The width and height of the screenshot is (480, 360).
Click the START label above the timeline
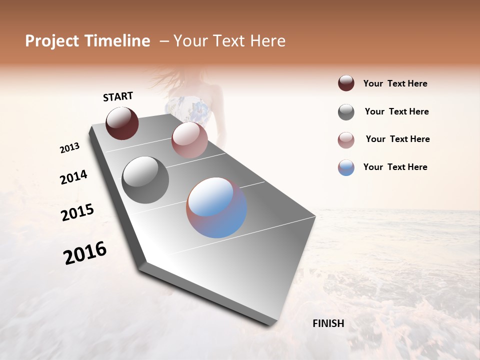click(x=118, y=96)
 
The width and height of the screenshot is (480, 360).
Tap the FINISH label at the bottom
click(x=328, y=323)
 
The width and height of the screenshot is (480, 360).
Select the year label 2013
click(x=69, y=148)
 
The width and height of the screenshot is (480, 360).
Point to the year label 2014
click(x=73, y=177)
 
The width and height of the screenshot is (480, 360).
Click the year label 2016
click(x=85, y=253)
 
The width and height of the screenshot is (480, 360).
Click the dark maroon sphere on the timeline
click(x=122, y=123)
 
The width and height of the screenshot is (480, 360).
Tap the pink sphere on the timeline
click(x=189, y=140)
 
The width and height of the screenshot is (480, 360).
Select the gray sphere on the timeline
click(x=145, y=180)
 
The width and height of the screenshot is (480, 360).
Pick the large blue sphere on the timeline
click(x=216, y=207)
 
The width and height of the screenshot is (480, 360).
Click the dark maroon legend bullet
click(x=346, y=83)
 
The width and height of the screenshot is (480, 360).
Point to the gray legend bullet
click(x=346, y=112)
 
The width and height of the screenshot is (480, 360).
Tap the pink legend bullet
click(x=346, y=140)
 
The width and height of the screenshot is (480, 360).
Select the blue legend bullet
click(x=346, y=167)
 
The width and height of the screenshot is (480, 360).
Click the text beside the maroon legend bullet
click(x=395, y=84)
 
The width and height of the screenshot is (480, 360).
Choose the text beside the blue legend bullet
click(x=395, y=167)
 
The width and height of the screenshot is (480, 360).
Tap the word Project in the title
click(x=50, y=41)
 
